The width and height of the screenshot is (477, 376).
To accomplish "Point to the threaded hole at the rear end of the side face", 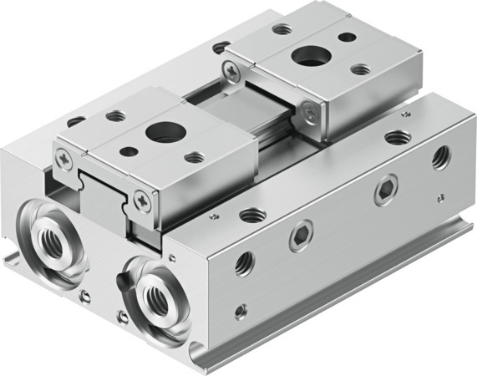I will (439, 155).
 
